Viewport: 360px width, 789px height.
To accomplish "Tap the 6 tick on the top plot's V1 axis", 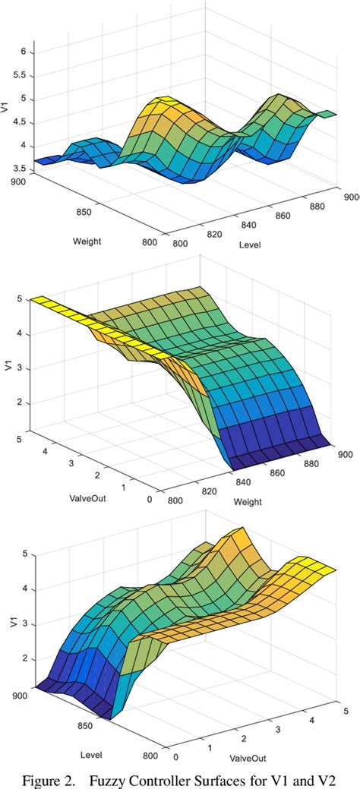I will click(x=30, y=52).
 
